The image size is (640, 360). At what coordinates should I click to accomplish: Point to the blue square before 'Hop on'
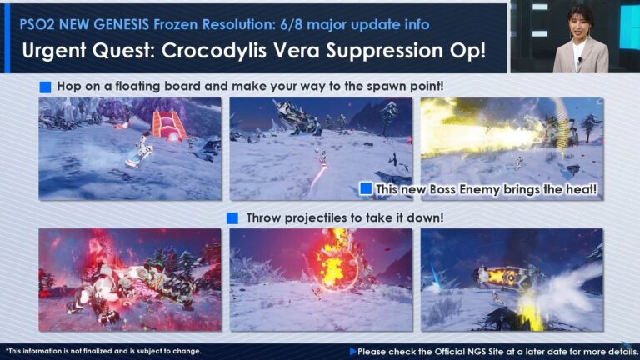pyautogui.click(x=45, y=86)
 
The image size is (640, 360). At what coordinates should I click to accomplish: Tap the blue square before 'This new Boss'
pyautogui.click(x=366, y=189)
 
